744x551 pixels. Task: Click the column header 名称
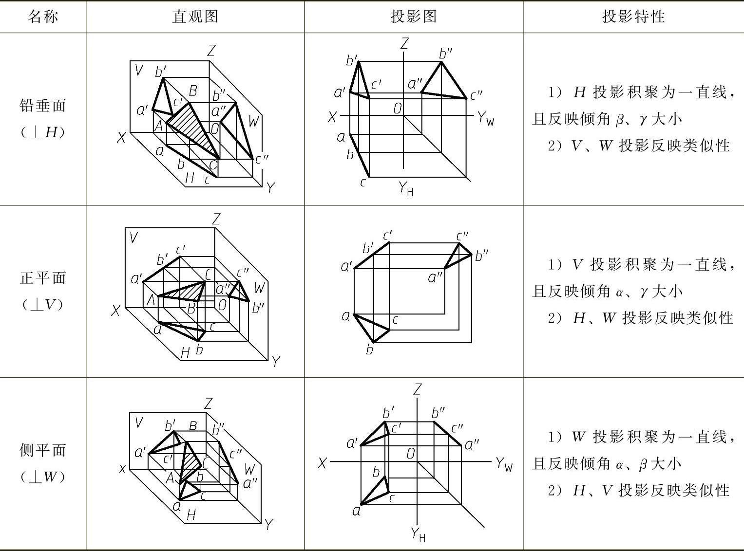(x=43, y=17)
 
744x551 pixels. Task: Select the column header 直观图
(x=195, y=17)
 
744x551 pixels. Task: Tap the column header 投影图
(x=414, y=17)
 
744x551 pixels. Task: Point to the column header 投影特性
(x=633, y=17)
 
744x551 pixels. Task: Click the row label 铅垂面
(x=43, y=106)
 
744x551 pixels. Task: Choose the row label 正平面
(x=43, y=278)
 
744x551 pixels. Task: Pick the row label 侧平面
(x=43, y=450)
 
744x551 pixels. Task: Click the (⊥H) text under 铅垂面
(x=43, y=132)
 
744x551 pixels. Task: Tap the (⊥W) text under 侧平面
(x=43, y=477)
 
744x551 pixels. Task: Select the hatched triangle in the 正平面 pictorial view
(x=190, y=292)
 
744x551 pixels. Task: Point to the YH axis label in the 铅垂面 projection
(x=406, y=188)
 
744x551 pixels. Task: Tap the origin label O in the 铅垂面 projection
(x=398, y=109)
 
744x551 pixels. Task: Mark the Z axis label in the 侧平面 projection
(x=417, y=389)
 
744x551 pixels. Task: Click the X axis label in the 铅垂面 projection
(x=332, y=117)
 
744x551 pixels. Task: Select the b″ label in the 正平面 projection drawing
(x=481, y=256)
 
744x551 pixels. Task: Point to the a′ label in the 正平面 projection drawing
(x=346, y=266)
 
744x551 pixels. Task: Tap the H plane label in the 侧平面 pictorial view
(x=191, y=514)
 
